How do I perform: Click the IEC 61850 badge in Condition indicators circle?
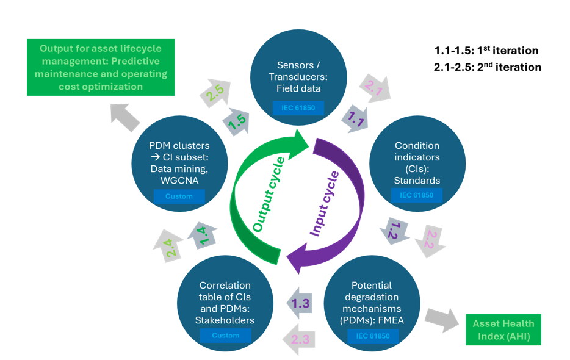click(417, 195)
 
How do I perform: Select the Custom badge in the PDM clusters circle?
click(179, 196)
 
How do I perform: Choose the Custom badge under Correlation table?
click(226, 335)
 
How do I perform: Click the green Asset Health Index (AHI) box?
click(503, 329)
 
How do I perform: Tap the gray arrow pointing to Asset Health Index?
click(442, 322)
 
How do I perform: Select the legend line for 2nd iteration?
click(487, 67)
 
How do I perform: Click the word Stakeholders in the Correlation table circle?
click(225, 320)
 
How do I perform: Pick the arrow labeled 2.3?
click(299, 339)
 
